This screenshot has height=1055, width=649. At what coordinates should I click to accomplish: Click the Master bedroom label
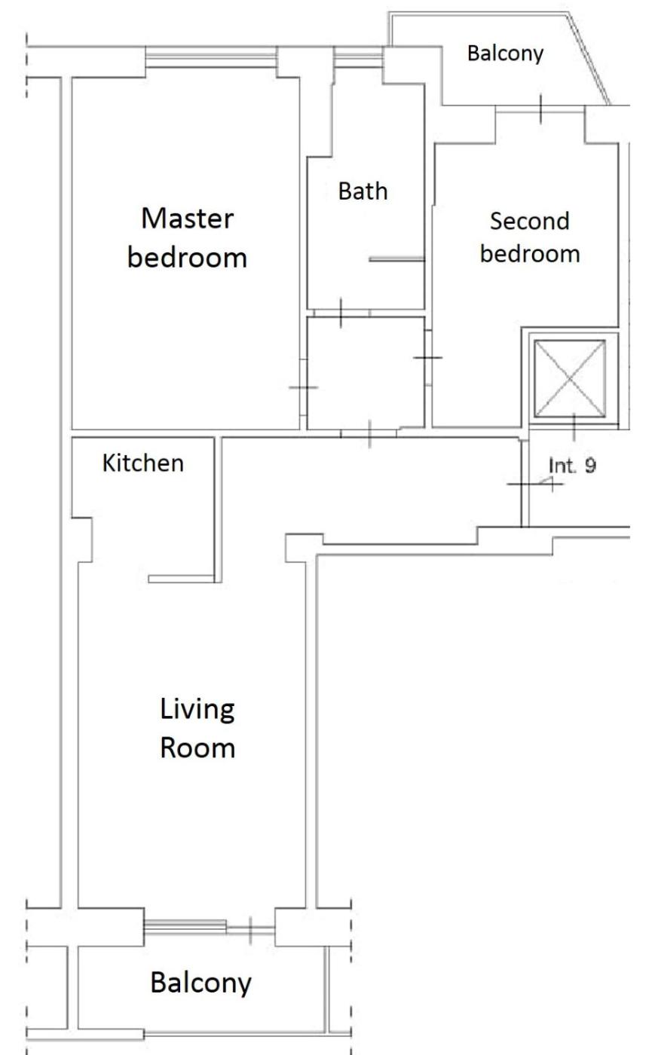click(x=188, y=238)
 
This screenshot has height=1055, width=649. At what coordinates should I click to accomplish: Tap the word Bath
click(x=363, y=191)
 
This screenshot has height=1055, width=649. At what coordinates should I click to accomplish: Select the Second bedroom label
click(x=530, y=237)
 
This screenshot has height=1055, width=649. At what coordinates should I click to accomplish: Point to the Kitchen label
click(x=143, y=463)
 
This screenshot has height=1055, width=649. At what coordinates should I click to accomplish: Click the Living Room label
click(x=197, y=728)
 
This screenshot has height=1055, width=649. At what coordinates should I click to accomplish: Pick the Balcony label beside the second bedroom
click(x=505, y=54)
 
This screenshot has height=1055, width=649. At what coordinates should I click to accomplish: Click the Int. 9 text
click(x=572, y=466)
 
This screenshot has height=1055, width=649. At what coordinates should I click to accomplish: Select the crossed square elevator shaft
click(x=570, y=378)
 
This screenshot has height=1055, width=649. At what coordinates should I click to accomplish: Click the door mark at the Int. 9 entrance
click(x=534, y=484)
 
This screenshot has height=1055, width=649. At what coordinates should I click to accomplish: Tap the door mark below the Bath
click(x=341, y=313)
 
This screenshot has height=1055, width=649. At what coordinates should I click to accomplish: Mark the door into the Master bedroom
click(x=303, y=387)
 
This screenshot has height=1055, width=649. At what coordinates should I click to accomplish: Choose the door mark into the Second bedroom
click(x=427, y=358)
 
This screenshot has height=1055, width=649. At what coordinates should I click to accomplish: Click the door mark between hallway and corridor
click(x=369, y=434)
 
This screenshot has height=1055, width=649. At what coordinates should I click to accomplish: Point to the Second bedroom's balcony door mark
click(x=540, y=109)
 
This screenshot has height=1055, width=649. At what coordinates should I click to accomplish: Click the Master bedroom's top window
click(x=210, y=57)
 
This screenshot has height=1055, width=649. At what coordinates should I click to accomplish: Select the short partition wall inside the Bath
click(x=397, y=259)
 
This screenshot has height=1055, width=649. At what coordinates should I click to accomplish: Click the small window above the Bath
click(x=358, y=57)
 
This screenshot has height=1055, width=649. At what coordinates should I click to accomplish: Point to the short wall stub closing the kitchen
click(x=182, y=579)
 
